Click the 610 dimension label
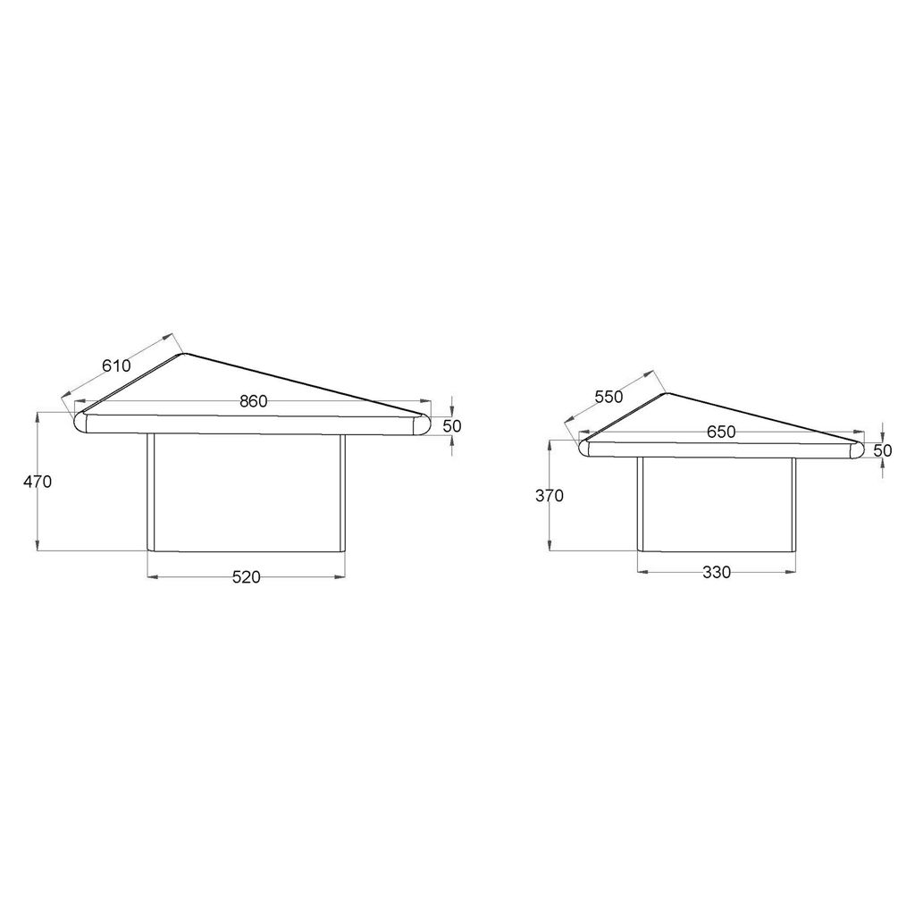pos(116,365)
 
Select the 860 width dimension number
pos(253,401)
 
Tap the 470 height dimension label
pos(38,482)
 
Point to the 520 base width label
pos(247,577)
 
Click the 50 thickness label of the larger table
pos(452,426)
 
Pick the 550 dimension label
pos(609,396)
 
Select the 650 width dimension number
pos(721,432)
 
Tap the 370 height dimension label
pos(550,496)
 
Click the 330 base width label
pos(717,573)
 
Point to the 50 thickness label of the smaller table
pos(883,450)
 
